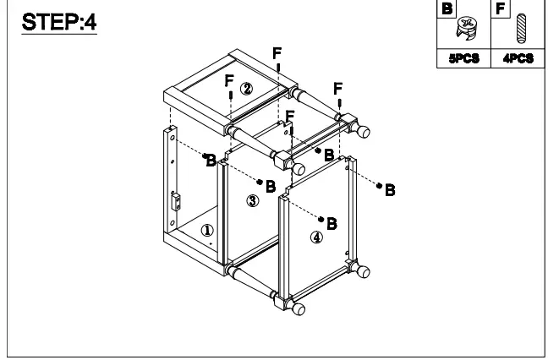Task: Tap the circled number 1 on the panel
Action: click(207, 230)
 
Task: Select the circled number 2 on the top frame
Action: click(246, 88)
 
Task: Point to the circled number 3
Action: click(252, 200)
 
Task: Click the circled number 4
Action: click(316, 237)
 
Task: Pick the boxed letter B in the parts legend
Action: click(447, 9)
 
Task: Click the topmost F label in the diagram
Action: click(277, 53)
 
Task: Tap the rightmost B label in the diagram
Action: click(390, 190)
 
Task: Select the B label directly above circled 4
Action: click(332, 223)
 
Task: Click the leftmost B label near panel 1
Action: click(211, 161)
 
